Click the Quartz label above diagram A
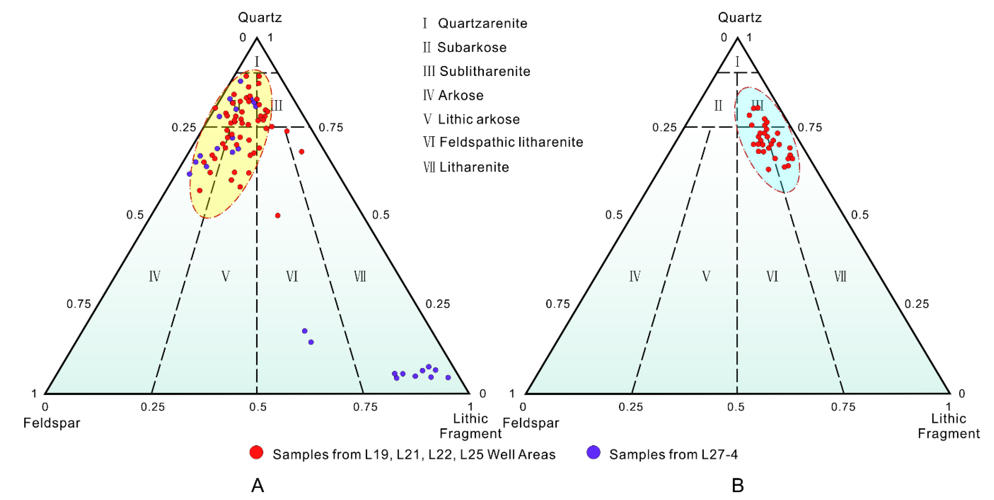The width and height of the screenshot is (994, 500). [260, 17]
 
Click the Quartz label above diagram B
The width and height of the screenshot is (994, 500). [740, 17]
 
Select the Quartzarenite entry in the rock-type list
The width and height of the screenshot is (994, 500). [482, 24]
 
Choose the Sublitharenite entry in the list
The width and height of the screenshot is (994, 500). [485, 71]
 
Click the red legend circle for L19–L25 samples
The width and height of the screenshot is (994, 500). [256, 452]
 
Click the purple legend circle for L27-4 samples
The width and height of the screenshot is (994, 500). [593, 452]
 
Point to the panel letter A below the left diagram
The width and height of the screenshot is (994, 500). [257, 485]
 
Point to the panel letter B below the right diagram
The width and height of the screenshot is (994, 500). [737, 485]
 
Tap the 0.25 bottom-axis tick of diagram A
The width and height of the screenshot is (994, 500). [152, 407]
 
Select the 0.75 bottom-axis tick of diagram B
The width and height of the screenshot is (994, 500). [843, 407]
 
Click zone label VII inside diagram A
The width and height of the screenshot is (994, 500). [360, 276]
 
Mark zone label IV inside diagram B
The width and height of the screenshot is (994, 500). [635, 276]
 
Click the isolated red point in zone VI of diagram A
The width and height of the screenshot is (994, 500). [278, 216]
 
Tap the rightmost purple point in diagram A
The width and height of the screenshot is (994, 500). [448, 377]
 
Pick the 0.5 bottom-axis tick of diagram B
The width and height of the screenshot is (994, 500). [736, 407]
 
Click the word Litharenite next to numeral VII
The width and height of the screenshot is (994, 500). [474, 167]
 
